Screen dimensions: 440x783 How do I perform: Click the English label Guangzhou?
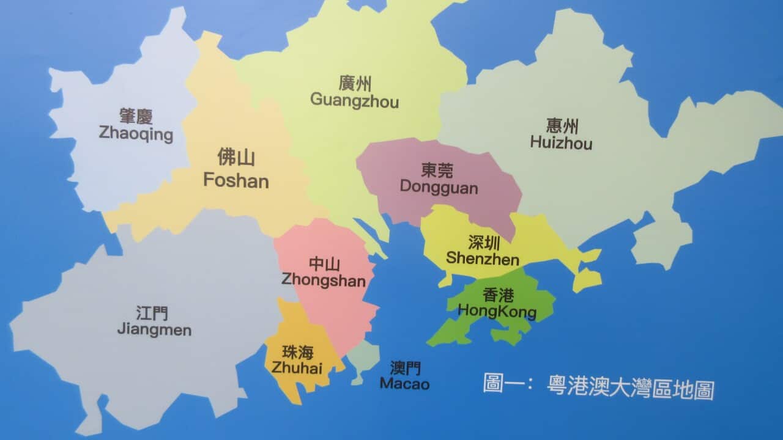pyautogui.click(x=354, y=100)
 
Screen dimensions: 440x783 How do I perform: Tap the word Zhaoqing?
pyautogui.click(x=136, y=134)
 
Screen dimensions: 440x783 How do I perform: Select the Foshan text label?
pyautogui.click(x=236, y=181)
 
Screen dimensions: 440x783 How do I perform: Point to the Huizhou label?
pyautogui.click(x=561, y=144)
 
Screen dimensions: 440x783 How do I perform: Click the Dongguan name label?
pyautogui.click(x=439, y=187)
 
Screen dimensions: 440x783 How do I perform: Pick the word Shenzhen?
pyautogui.click(x=482, y=258)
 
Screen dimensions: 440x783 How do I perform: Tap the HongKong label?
pyautogui.click(x=497, y=312)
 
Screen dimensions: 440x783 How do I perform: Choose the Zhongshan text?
pyautogui.click(x=324, y=280)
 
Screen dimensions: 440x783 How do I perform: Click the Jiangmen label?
pyautogui.click(x=154, y=330)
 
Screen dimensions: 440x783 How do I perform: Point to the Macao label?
pyautogui.click(x=404, y=384)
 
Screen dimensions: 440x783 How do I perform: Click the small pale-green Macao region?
pyautogui.click(x=364, y=358)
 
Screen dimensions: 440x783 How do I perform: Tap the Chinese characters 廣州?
pyautogui.click(x=355, y=84)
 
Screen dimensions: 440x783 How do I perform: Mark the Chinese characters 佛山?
pyautogui.click(x=236, y=158)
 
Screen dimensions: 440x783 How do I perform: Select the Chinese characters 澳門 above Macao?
pyautogui.click(x=405, y=368)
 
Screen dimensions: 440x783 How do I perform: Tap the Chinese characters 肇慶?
pyautogui.click(x=136, y=116)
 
